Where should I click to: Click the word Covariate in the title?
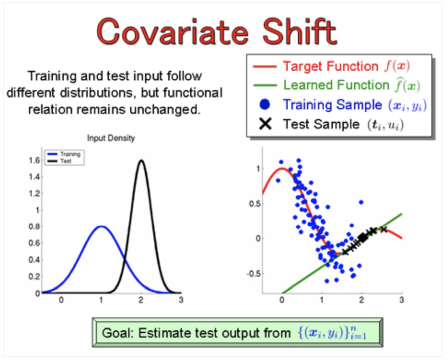[172, 32]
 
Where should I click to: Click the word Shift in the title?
[299, 31]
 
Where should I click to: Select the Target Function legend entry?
[331, 66]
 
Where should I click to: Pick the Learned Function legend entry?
[337, 85]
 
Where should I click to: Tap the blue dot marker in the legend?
[265, 104]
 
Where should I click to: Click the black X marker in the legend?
[265, 124]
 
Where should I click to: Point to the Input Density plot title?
[111, 138]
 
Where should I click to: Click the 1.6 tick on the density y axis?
[34, 160]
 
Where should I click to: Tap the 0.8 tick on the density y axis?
[34, 226]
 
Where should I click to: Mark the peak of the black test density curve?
[141, 160]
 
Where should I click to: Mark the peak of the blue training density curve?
[101, 226]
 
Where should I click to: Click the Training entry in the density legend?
[64, 154]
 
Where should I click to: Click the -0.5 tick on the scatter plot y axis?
[253, 274]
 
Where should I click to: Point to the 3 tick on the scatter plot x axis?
[402, 300]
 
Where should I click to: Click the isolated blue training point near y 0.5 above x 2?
[361, 202]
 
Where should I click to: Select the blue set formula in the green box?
[332, 333]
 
